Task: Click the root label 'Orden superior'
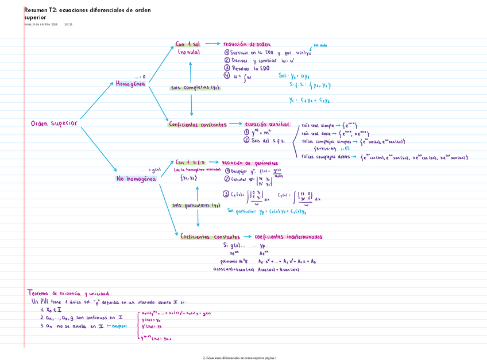(53, 123)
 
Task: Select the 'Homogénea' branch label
(131, 84)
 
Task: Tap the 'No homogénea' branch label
(136, 179)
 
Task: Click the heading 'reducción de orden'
(247, 44)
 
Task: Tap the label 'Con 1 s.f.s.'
(190, 162)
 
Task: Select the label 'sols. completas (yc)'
(195, 88)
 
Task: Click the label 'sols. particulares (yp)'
(196, 205)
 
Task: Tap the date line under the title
(48, 24)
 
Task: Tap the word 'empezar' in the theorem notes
(118, 326)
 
